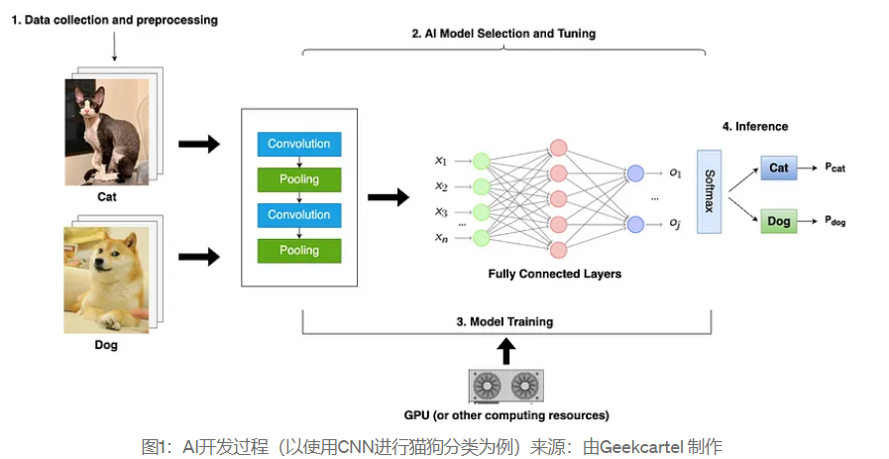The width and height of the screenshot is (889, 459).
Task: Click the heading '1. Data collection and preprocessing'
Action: point(114,20)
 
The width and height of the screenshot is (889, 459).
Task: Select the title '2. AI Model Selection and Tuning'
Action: point(503,34)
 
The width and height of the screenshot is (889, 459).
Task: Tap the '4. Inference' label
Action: point(754,126)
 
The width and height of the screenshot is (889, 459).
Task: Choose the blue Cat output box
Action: point(779,168)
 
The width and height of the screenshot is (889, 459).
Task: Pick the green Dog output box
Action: point(779,221)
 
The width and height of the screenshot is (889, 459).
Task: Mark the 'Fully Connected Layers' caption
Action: point(555,273)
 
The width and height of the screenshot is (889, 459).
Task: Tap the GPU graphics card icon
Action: point(506,386)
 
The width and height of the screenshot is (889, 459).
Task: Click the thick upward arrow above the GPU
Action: point(505,350)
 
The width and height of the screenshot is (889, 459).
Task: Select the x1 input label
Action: point(441,160)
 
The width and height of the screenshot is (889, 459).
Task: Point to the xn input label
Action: point(441,237)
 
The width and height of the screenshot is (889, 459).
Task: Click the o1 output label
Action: point(675,172)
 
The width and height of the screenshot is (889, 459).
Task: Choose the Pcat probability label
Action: point(835,169)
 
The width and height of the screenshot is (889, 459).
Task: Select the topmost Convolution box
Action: point(298,144)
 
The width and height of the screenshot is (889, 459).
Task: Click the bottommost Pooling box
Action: point(298,250)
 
